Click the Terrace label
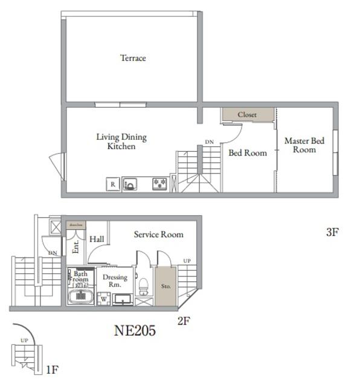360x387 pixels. pos(133,58)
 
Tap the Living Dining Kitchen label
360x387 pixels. pos(121,141)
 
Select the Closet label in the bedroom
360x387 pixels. pos(247,114)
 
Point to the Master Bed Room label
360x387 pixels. pos(304,145)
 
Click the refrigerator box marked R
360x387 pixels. pos(112,184)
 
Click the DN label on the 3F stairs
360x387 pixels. pos(209,142)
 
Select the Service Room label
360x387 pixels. pos(158,235)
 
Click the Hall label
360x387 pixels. pos(97,239)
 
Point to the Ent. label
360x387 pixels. pos(76,246)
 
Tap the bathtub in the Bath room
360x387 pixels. pos(81,297)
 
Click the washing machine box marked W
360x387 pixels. pos(103,298)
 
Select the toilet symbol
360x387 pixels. pos(143,284)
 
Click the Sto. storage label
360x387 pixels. pos(165,286)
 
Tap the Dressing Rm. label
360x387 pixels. pos(114,281)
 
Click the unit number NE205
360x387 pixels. pos(135,331)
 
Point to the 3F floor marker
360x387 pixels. pos(332,232)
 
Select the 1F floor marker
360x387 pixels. pos(52,369)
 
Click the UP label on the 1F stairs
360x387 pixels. pos(24,340)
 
